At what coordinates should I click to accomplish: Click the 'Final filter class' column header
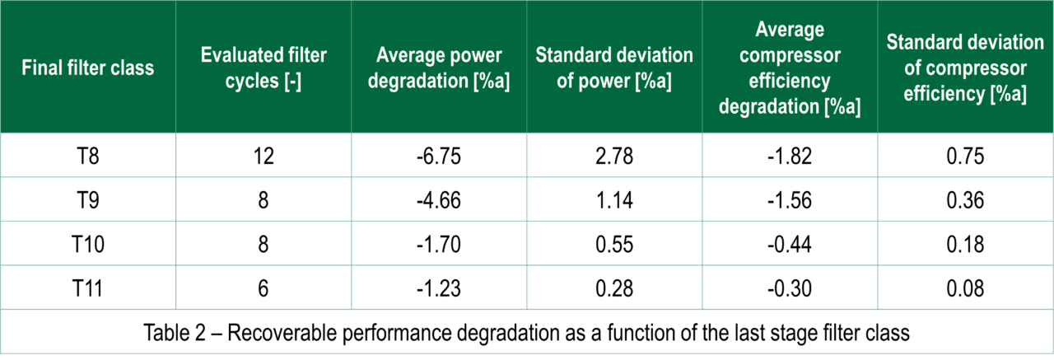pos(88,68)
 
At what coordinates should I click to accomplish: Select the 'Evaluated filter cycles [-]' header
pos(263,68)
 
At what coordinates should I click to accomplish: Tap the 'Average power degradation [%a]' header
pos(439,68)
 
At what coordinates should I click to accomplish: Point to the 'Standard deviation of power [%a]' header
pos(614,68)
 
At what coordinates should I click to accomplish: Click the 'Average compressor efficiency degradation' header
pos(790,68)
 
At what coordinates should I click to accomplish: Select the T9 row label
pos(88,201)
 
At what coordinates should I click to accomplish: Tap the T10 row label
pos(88,245)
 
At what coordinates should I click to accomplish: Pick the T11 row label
pos(88,288)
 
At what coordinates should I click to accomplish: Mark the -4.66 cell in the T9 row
pos(439,201)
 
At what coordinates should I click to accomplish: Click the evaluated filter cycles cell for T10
pos(263,245)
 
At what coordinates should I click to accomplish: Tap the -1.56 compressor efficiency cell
pos(790,201)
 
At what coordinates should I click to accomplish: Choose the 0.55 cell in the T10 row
pos(614,245)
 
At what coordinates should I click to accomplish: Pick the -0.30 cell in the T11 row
pos(790,288)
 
